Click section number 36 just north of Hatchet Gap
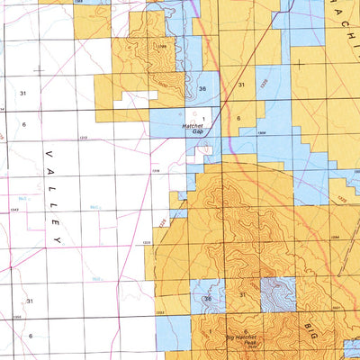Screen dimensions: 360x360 tap(202, 88)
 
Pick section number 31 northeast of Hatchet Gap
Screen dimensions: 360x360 tap(241, 85)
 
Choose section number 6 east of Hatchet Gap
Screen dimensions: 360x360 tap(239, 118)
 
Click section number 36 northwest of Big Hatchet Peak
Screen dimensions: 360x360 tap(208, 299)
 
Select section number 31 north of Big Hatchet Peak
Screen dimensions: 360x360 tap(242, 295)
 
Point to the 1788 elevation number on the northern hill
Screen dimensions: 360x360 tap(161, 47)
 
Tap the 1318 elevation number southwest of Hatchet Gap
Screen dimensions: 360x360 tap(155, 168)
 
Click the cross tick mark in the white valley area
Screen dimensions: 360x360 tap(39, 68)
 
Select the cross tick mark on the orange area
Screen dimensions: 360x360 tap(297, 64)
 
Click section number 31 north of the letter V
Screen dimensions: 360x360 tap(23, 93)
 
